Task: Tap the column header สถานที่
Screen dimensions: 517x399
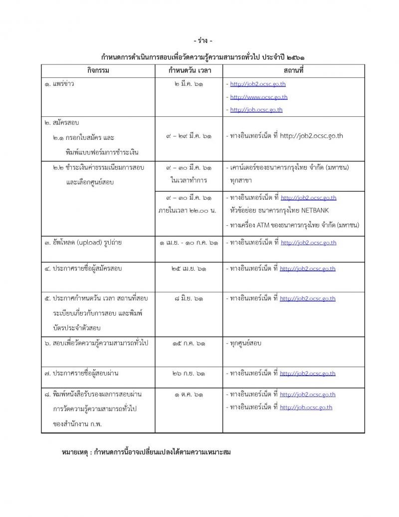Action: (x=293, y=70)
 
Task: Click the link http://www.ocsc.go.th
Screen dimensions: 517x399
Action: (x=259, y=97)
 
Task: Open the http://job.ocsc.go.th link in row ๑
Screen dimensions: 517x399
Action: (x=256, y=110)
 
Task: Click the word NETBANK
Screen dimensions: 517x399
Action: (x=315, y=210)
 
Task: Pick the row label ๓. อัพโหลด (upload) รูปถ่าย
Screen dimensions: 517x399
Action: (x=83, y=243)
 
